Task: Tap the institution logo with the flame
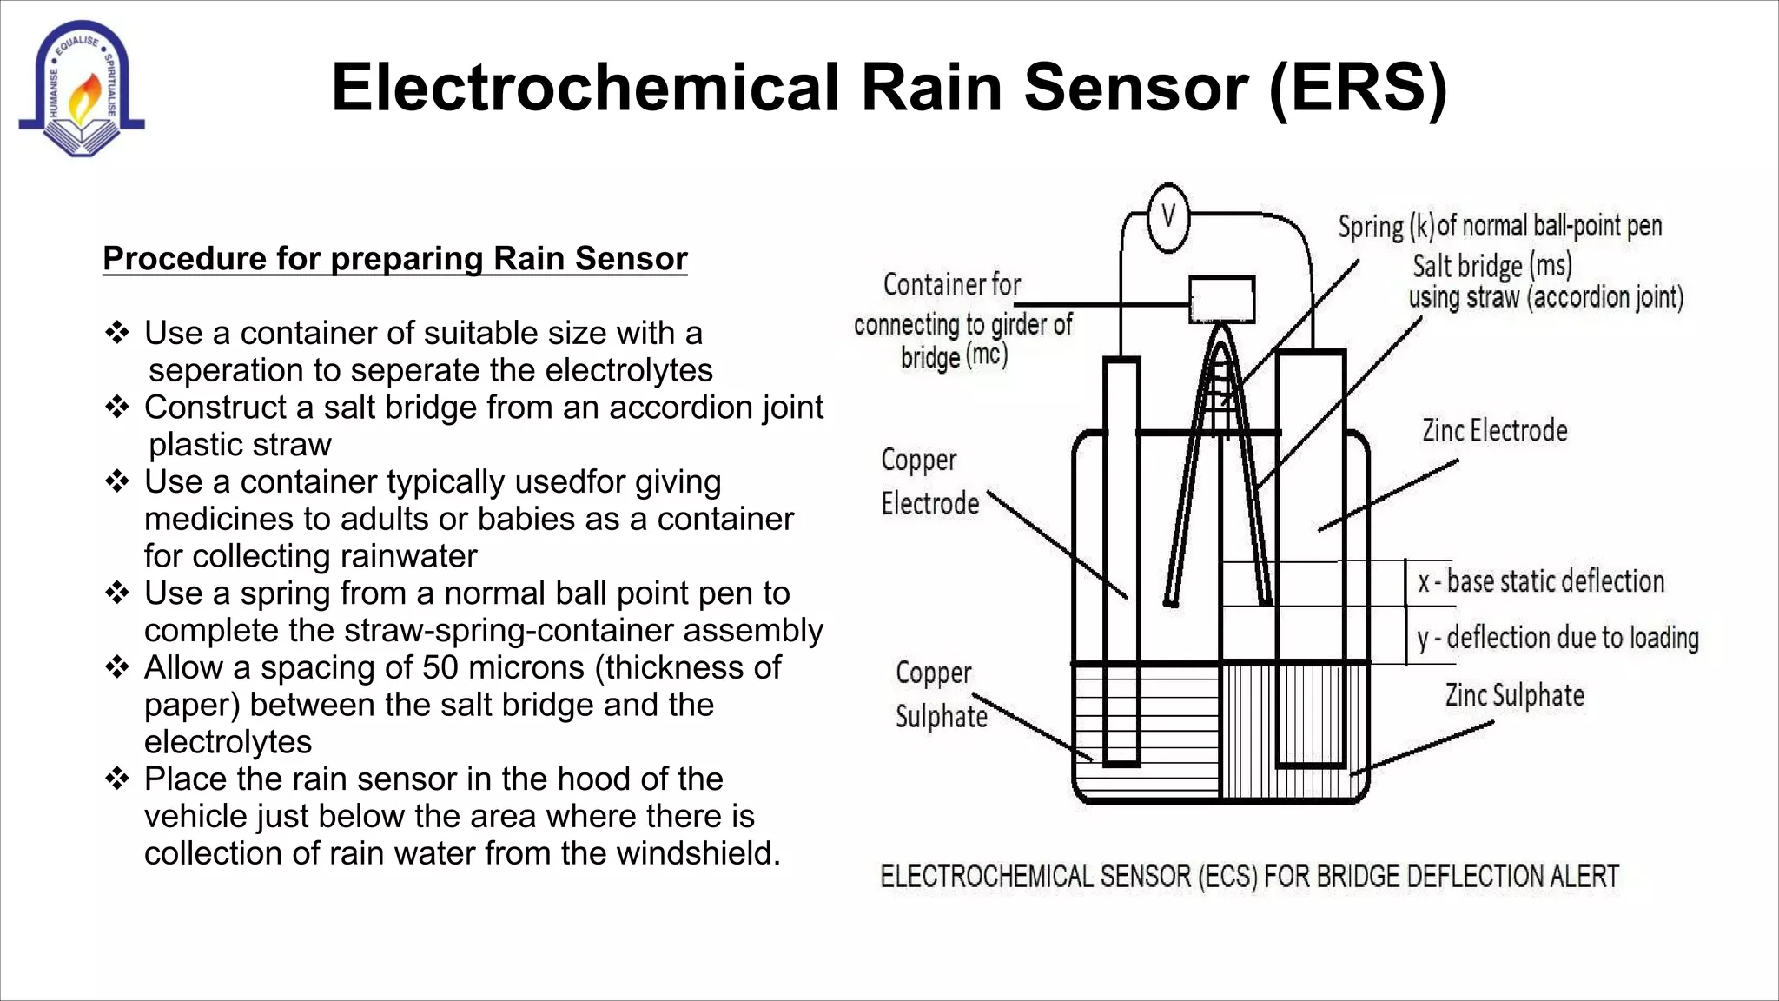tap(81, 89)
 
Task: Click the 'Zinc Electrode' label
tap(1494, 430)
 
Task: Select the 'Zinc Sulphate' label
tap(1514, 695)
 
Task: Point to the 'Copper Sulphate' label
tap(941, 695)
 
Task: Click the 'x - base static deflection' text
tap(1541, 581)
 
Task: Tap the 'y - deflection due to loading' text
tap(1557, 638)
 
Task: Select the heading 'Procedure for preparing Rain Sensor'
tap(395, 259)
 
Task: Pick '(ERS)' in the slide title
tap(1357, 88)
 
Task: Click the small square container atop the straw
tap(1221, 300)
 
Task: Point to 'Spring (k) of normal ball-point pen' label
tap(1499, 226)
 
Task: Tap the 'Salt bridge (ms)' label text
tap(1491, 265)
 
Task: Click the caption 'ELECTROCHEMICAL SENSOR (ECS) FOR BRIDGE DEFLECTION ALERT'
tap(1249, 876)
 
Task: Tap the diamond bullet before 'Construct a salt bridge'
tap(116, 407)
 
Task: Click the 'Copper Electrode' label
tap(928, 481)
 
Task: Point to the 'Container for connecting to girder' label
tap(962, 321)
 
